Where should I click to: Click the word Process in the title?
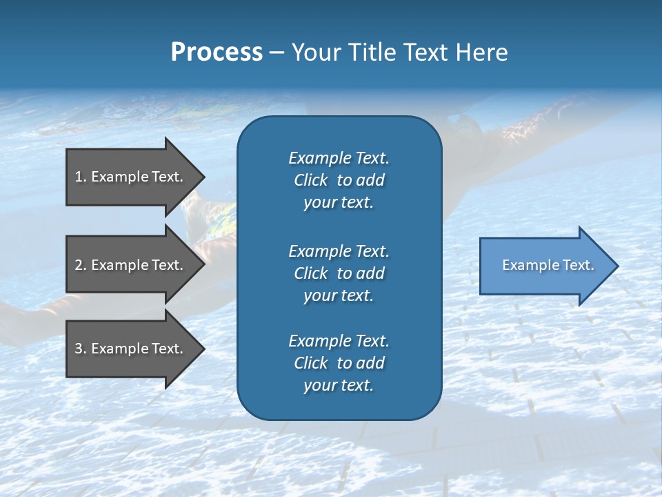click(x=217, y=52)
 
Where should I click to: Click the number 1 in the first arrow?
click(x=79, y=177)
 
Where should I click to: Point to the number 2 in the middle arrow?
click(x=79, y=265)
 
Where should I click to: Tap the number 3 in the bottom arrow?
click(x=79, y=349)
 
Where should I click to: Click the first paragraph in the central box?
click(x=339, y=180)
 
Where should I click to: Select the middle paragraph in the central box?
click(x=339, y=273)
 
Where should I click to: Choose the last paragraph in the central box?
click(x=339, y=363)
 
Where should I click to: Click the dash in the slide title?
click(x=277, y=52)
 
